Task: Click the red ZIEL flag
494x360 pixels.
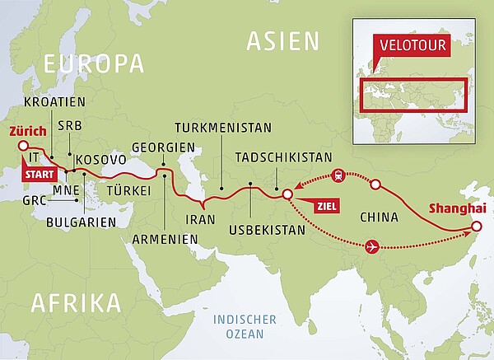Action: tap(319, 206)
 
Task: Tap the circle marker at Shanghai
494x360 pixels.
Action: tap(477, 227)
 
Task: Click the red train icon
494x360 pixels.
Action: tap(338, 175)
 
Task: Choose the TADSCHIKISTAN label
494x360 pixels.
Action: tap(283, 157)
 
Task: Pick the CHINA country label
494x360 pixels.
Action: tap(380, 217)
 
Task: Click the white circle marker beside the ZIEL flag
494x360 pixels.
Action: tap(287, 195)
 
